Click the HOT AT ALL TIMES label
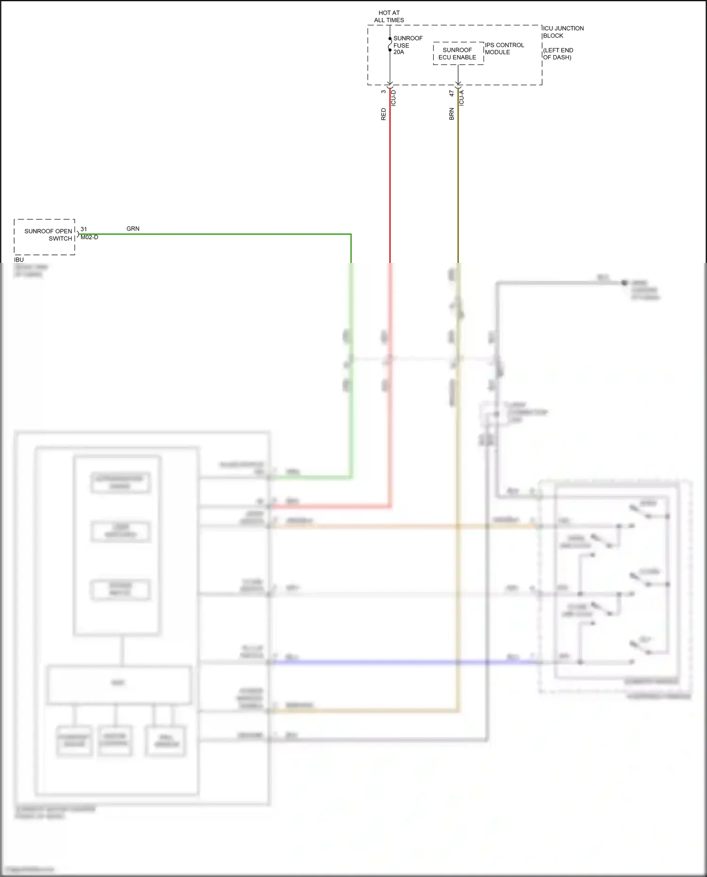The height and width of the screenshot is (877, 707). pos(389,16)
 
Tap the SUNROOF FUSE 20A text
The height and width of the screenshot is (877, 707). pos(407,45)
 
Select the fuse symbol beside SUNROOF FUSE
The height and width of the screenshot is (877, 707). pos(390,44)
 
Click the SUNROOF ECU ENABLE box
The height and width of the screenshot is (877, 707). pos(458,54)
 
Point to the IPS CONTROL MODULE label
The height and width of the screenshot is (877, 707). pos(504,49)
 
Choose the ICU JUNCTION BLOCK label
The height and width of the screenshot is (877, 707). pos(563,32)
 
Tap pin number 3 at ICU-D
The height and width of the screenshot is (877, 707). pos(384,91)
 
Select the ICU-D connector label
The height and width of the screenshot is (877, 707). pos(394,98)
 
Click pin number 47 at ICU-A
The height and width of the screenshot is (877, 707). pos(452,93)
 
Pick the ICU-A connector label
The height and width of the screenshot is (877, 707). pos(461,98)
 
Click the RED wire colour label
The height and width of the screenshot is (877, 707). pos(384,114)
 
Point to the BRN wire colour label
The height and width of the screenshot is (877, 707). pos(452,114)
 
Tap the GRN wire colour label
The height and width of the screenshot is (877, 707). pos(133,229)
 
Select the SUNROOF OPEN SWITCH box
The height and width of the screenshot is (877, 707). pos(45,237)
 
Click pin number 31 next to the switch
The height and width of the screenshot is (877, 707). pos(83,229)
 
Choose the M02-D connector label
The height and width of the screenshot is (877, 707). pos(89,238)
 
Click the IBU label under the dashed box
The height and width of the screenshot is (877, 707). pos(19,260)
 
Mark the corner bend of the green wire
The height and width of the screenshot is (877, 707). pos(351,234)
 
